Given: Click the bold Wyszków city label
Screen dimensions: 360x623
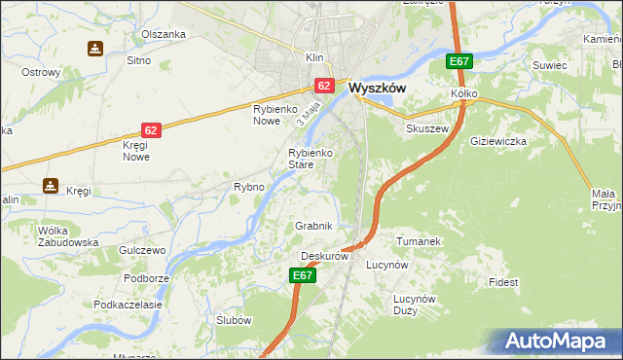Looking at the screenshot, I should [x=376, y=87].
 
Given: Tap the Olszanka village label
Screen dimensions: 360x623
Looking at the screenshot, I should [x=163, y=34].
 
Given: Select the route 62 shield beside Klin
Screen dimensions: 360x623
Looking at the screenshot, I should [x=325, y=87].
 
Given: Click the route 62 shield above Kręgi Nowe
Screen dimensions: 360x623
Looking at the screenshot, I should [x=151, y=129].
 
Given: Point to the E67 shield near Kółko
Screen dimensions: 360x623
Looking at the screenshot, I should [x=460, y=62].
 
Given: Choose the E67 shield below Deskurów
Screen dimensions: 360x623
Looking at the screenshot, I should [x=304, y=276].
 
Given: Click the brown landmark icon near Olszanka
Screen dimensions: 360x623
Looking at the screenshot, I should [x=94, y=48].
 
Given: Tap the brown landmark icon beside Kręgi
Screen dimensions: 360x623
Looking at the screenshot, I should [x=50, y=184].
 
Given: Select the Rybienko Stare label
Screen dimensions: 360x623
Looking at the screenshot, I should [x=311, y=159].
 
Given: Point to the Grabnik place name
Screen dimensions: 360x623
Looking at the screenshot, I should [x=314, y=226].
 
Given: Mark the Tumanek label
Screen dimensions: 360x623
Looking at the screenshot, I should [x=420, y=240].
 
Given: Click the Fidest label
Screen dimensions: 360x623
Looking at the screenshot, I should [x=503, y=282].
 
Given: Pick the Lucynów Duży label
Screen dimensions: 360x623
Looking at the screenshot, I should [x=419, y=305].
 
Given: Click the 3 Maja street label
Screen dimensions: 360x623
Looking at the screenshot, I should [x=310, y=114].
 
